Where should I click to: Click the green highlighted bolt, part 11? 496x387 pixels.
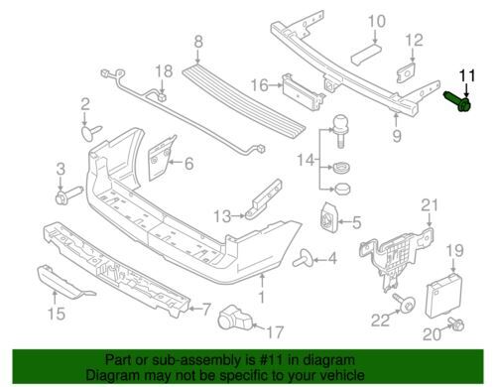click(457, 101)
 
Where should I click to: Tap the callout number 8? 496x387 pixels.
click(198, 43)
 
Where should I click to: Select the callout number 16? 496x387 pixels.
click(260, 85)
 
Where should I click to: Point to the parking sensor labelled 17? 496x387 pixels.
click(235, 318)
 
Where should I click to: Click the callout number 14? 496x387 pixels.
click(306, 160)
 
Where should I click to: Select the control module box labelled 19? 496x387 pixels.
click(443, 295)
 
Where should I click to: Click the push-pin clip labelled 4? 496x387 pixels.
click(303, 258)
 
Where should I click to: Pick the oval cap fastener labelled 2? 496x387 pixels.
click(90, 132)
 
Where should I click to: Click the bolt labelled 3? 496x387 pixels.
click(68, 195)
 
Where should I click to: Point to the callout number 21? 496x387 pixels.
click(429, 205)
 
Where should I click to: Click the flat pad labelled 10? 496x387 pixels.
click(366, 55)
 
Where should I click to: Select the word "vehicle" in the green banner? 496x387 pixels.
click(344, 375)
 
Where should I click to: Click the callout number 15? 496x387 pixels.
click(57, 313)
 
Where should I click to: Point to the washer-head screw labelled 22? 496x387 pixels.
click(405, 303)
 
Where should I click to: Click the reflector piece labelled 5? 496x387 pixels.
click(329, 216)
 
